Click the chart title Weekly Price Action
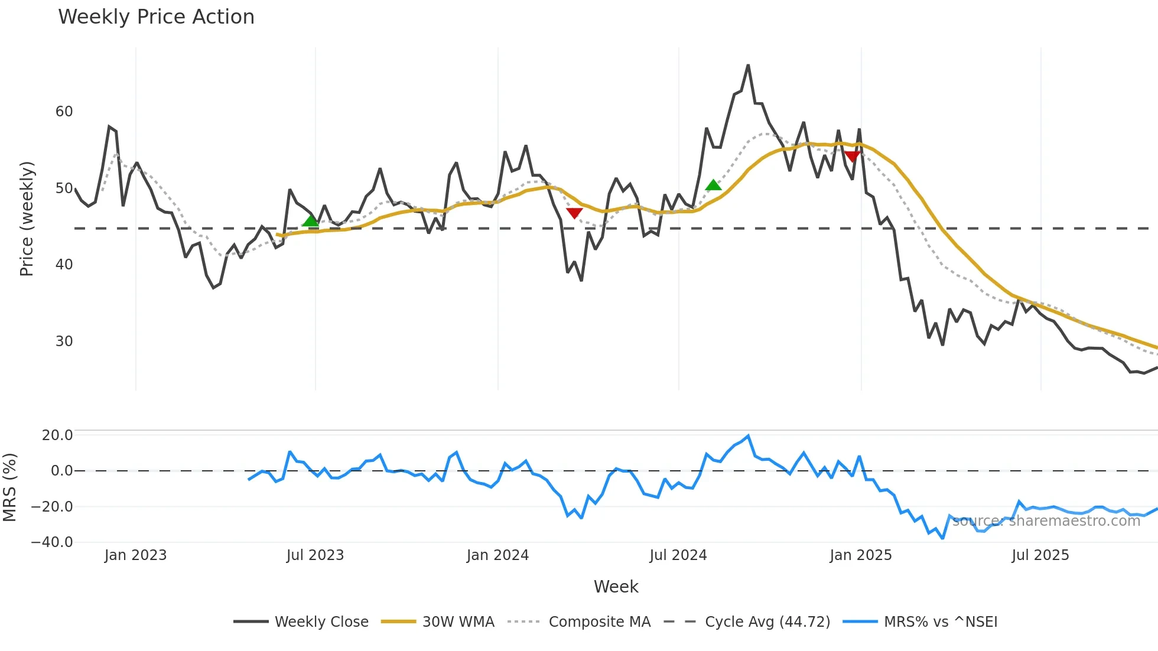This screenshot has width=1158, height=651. [156, 17]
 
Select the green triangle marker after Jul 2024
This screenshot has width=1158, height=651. [714, 185]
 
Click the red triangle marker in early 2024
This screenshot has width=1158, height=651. [574, 213]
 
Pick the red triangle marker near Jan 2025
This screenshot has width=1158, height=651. [852, 156]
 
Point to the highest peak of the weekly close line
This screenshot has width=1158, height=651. [748, 66]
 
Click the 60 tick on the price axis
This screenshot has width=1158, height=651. [64, 112]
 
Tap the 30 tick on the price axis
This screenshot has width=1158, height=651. [64, 341]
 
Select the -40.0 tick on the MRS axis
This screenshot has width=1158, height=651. [52, 542]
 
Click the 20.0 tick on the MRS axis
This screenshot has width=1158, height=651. [57, 435]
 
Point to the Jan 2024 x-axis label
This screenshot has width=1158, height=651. [497, 555]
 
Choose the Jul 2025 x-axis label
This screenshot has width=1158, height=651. [1040, 555]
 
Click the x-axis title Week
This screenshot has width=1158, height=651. [616, 587]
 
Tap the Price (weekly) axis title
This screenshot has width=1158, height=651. [27, 219]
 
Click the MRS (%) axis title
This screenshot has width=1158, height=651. [9, 487]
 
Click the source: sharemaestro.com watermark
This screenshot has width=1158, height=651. [1046, 521]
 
